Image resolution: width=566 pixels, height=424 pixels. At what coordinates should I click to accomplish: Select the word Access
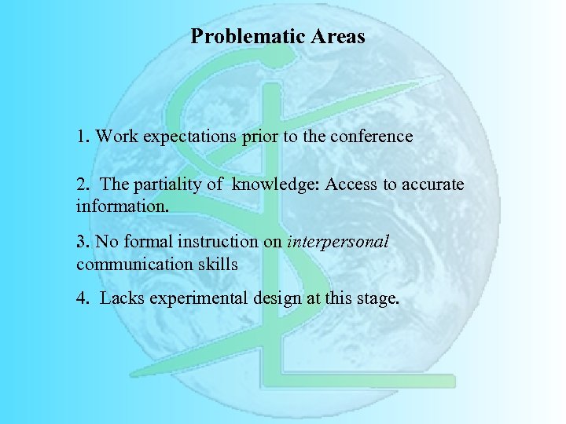351,185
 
